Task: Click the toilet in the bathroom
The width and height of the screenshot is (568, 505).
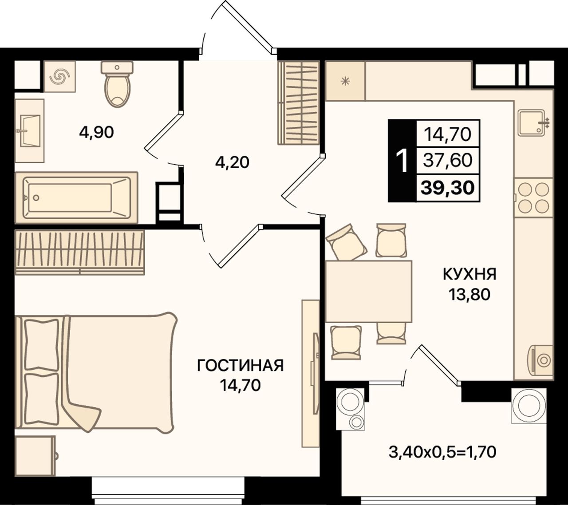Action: tap(117, 84)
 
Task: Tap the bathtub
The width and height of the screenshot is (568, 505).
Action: tap(76, 197)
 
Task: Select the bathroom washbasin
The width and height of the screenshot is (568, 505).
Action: tap(29, 130)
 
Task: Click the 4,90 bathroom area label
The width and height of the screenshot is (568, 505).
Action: tap(96, 132)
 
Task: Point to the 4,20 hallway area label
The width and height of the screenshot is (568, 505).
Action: tap(232, 162)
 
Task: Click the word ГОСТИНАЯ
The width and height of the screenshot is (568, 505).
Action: tap(240, 366)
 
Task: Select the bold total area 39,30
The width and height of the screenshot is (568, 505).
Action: tap(447, 188)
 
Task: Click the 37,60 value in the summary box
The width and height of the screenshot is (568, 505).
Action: tap(447, 161)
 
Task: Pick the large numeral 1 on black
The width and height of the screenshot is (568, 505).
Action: tap(403, 161)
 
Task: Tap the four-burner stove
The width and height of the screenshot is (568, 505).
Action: tap(533, 197)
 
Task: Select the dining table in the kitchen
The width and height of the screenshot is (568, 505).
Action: tap(368, 291)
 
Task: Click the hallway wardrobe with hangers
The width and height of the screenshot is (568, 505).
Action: tap(299, 103)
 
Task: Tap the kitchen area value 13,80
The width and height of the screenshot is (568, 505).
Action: tap(469, 294)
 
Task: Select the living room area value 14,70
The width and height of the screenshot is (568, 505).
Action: tap(240, 386)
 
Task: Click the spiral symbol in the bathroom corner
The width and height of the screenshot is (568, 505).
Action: tap(60, 76)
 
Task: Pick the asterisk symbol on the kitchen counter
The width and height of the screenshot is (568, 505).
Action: tap(345, 81)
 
